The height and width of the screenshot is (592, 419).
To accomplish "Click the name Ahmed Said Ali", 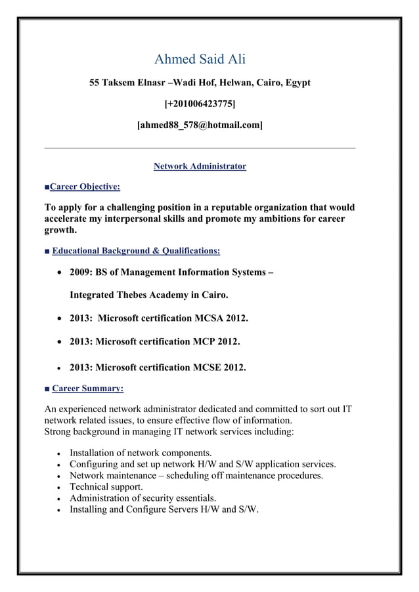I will (x=200, y=60).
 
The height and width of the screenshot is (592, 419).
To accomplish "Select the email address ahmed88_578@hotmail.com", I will (x=200, y=124).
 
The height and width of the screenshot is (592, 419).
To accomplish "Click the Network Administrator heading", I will (x=200, y=167).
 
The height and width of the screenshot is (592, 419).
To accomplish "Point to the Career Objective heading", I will (x=85, y=187).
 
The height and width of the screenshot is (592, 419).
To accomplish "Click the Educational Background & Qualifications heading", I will (x=136, y=251).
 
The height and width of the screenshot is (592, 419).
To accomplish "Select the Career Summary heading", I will (x=87, y=389).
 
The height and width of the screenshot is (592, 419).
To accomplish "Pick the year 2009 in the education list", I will (x=81, y=272).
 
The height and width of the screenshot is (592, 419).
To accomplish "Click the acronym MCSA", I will (x=209, y=319).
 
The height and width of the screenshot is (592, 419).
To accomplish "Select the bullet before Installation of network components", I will (x=60, y=454).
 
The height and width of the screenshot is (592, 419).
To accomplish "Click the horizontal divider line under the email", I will (x=200, y=148).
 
